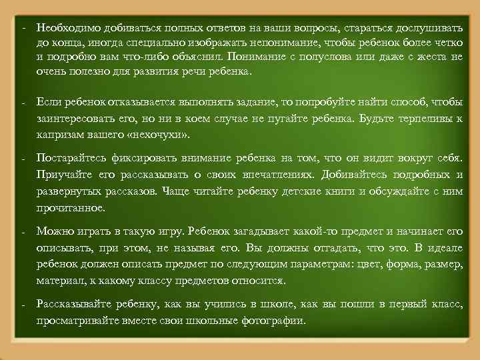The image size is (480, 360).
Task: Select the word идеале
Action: point(445,247)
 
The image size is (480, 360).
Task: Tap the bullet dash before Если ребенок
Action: point(23,105)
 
